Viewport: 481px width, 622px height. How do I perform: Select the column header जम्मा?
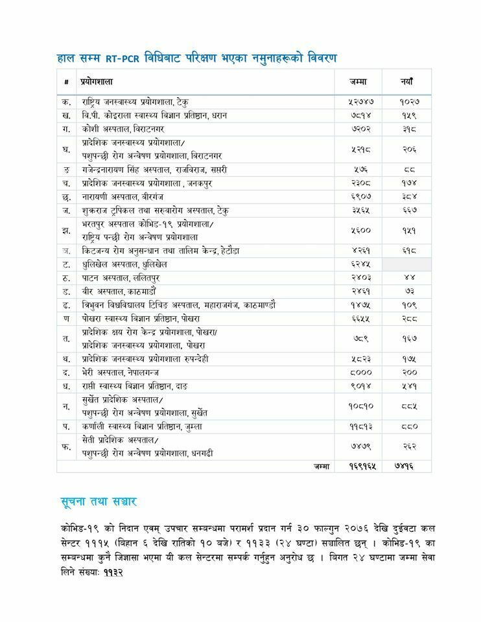(357, 82)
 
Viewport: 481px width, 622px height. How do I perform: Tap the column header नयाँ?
(407, 82)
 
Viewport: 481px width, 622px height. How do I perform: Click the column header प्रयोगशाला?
(97, 82)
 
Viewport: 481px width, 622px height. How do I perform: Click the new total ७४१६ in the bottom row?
(404, 465)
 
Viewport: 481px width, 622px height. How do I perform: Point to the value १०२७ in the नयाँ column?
(409, 102)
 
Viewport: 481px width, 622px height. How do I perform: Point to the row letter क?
(67, 102)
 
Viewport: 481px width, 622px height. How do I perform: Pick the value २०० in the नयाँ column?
(409, 373)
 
